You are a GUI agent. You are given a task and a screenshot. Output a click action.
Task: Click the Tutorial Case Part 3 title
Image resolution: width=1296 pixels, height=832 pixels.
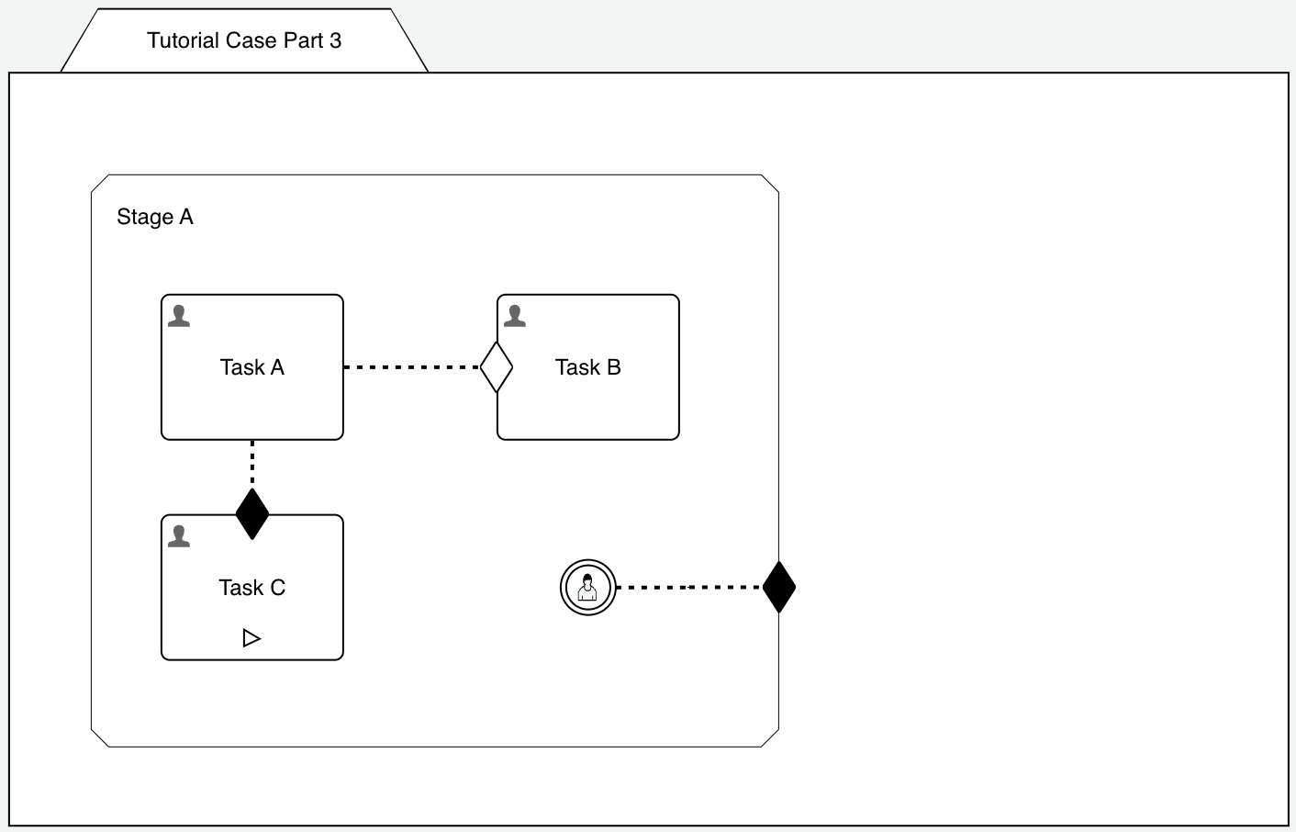[x=244, y=40]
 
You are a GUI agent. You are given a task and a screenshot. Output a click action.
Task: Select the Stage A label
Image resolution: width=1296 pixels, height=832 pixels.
[x=155, y=218]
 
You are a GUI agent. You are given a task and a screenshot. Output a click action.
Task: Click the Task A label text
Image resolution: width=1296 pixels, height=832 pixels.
[x=252, y=367]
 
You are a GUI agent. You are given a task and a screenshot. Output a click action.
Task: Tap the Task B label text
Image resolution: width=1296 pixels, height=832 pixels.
[x=588, y=367]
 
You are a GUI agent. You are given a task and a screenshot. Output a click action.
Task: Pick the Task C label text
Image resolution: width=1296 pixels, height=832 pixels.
[x=252, y=588]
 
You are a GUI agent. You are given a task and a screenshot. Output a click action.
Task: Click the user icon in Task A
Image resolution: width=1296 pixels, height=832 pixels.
[x=179, y=316]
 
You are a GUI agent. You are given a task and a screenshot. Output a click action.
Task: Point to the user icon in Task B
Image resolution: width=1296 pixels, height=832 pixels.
[x=515, y=316]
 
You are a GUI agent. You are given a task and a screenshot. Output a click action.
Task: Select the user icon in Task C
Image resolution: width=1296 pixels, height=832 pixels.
[x=179, y=536]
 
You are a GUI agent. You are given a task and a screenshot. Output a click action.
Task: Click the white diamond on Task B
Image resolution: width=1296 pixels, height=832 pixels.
[x=497, y=367]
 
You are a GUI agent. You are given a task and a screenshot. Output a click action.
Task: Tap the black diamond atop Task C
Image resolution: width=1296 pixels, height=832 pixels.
[x=252, y=514]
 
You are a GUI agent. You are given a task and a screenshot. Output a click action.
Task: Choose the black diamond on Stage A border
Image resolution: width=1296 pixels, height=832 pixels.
[x=779, y=587]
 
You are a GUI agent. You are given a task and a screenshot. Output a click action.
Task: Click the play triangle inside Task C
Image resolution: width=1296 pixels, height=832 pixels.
[x=251, y=637]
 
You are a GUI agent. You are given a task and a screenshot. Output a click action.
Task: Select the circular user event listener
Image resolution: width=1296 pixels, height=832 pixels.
[x=587, y=587]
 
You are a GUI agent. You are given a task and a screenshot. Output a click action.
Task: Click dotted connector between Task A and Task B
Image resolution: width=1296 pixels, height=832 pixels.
[x=411, y=367]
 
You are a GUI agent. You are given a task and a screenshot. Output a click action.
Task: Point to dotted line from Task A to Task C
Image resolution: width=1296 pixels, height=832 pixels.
[x=252, y=464]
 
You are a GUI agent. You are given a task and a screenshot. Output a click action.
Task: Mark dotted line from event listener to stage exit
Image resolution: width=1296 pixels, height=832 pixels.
[x=688, y=587]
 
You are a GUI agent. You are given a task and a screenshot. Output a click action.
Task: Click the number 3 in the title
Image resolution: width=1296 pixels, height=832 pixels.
[x=336, y=40]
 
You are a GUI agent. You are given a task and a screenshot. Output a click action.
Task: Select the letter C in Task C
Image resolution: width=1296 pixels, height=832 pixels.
[x=277, y=588]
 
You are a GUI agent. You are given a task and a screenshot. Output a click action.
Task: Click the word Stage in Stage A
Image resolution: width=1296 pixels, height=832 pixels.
[x=145, y=218]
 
